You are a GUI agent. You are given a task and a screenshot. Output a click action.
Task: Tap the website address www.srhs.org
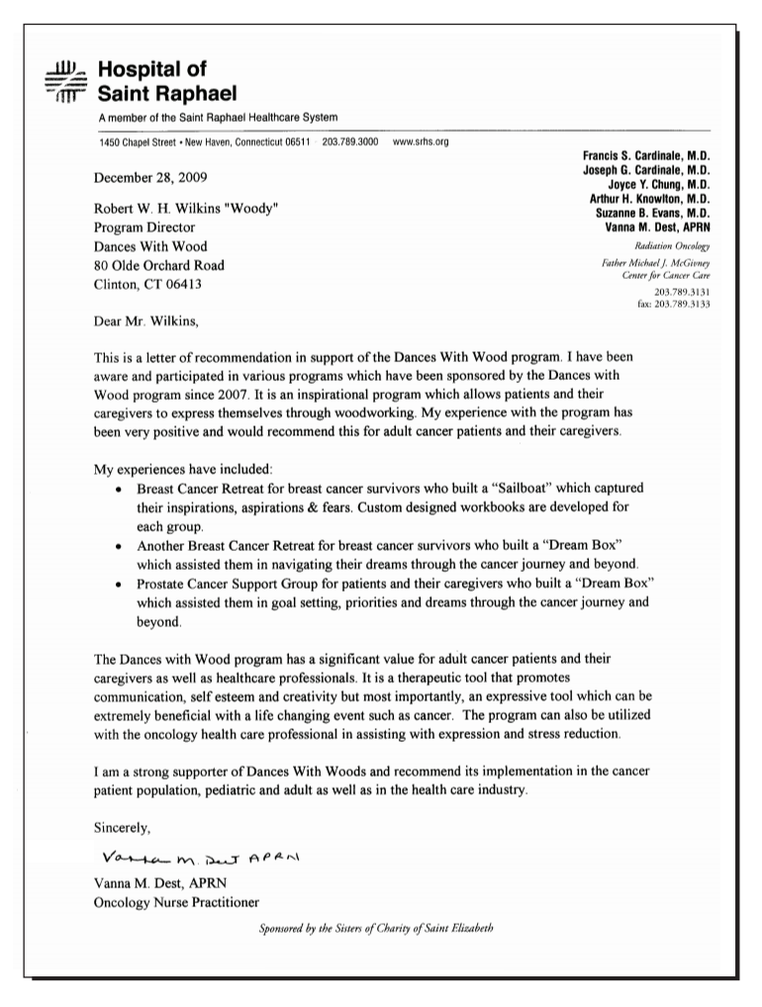421,142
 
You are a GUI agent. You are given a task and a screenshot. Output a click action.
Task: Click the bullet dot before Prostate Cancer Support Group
119,584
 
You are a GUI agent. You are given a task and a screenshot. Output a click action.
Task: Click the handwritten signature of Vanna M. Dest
213,856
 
